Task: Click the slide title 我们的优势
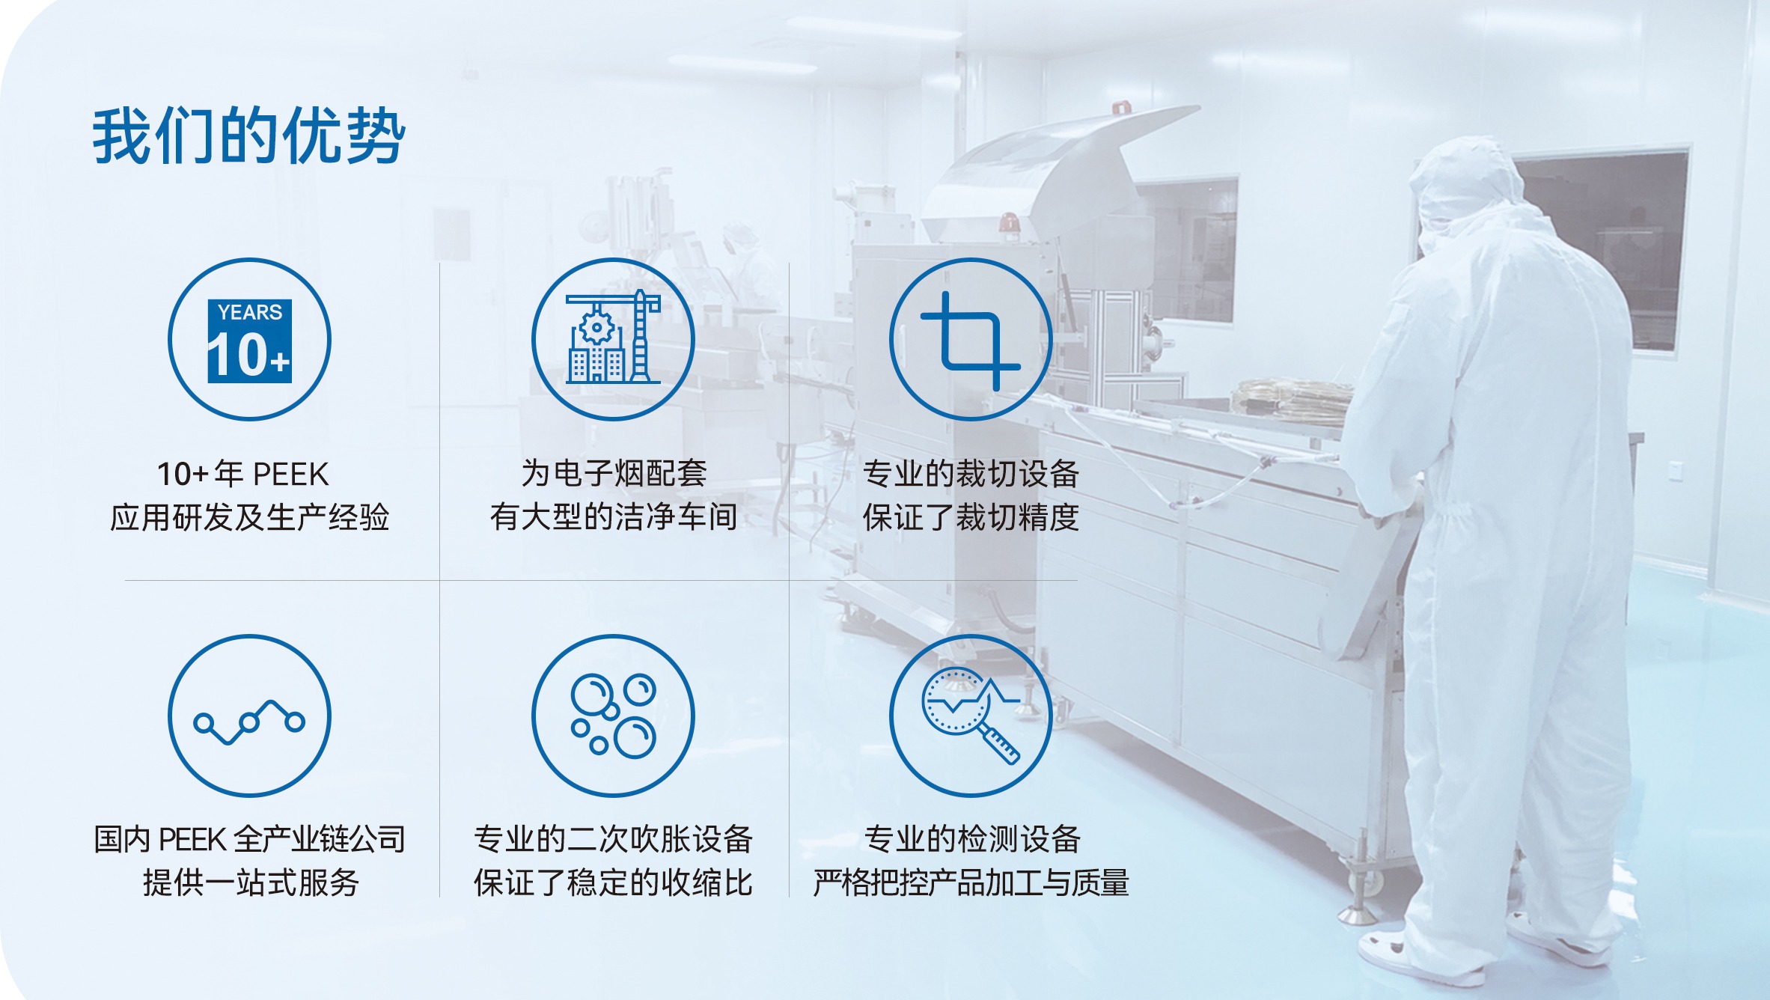248,135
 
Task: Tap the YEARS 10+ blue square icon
249,341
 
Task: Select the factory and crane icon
613,338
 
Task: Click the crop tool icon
970,341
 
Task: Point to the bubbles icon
613,716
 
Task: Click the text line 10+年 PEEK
242,474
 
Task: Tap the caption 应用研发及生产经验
249,517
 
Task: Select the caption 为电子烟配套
614,473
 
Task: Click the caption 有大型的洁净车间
614,516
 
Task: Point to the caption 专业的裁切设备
971,473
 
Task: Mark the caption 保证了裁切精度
971,516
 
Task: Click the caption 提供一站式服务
251,882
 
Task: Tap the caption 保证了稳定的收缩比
613,882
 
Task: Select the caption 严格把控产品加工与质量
971,882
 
